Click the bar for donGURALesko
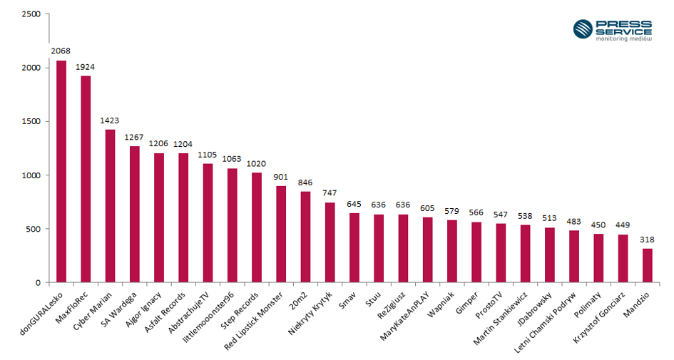[61, 171]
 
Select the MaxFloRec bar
[86, 179]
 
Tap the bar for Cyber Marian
[110, 206]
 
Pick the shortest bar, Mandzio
[647, 265]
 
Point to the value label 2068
[61, 52]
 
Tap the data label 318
[647, 240]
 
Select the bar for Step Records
[257, 227]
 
